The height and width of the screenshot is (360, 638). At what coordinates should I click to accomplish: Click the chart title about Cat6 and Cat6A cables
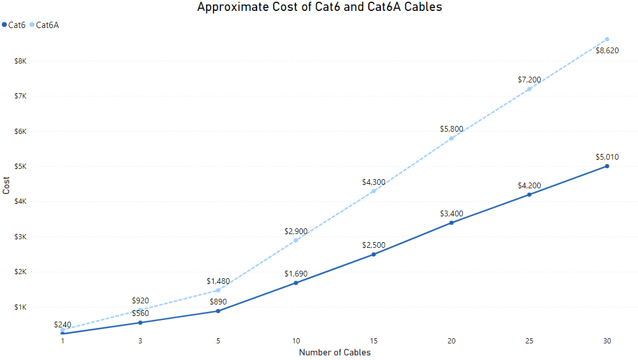tap(319, 7)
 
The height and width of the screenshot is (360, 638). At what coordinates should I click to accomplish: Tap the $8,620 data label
tap(607, 50)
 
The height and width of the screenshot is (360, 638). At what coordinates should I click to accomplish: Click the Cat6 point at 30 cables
tap(607, 167)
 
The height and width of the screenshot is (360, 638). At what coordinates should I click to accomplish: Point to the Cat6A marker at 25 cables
tap(529, 89)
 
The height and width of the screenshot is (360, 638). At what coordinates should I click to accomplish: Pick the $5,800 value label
tap(451, 129)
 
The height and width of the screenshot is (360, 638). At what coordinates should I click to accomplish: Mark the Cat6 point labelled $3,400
tap(451, 223)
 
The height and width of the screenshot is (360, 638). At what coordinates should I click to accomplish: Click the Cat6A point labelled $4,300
tap(373, 191)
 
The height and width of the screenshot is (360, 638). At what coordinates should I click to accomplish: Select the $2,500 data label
tap(373, 245)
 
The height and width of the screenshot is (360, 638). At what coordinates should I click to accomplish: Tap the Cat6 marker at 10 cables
tap(296, 283)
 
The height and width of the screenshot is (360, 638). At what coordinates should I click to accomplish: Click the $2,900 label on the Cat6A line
tap(296, 231)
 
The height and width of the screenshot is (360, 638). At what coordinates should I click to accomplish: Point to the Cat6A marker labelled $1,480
tap(218, 290)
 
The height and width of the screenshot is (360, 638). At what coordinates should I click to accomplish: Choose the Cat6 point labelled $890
tap(218, 311)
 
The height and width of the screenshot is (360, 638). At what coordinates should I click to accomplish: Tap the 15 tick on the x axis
tap(373, 341)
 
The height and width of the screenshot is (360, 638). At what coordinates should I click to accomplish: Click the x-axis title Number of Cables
tap(334, 353)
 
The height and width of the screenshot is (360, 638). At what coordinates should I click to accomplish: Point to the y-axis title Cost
tap(6, 185)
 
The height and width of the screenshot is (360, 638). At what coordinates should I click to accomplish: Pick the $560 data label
tap(140, 313)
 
